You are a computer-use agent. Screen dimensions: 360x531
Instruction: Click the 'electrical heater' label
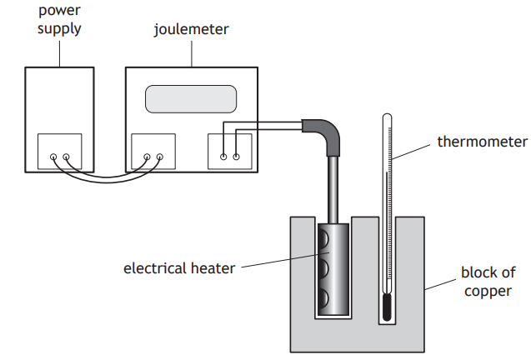pos(179,267)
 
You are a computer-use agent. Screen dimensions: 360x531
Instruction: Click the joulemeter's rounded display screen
pos(192,98)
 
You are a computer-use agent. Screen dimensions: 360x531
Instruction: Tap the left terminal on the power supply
pos(53,157)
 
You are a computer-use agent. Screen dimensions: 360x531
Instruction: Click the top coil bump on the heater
pos(323,242)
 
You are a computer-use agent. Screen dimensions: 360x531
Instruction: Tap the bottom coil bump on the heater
pos(323,297)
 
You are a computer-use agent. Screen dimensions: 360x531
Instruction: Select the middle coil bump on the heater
pos(323,269)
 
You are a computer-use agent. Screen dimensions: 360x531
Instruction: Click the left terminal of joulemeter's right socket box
pos(223,156)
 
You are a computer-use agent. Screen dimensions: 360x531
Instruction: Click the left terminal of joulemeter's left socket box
pos(147,157)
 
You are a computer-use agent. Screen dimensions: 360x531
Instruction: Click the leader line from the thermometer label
pos(412,151)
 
